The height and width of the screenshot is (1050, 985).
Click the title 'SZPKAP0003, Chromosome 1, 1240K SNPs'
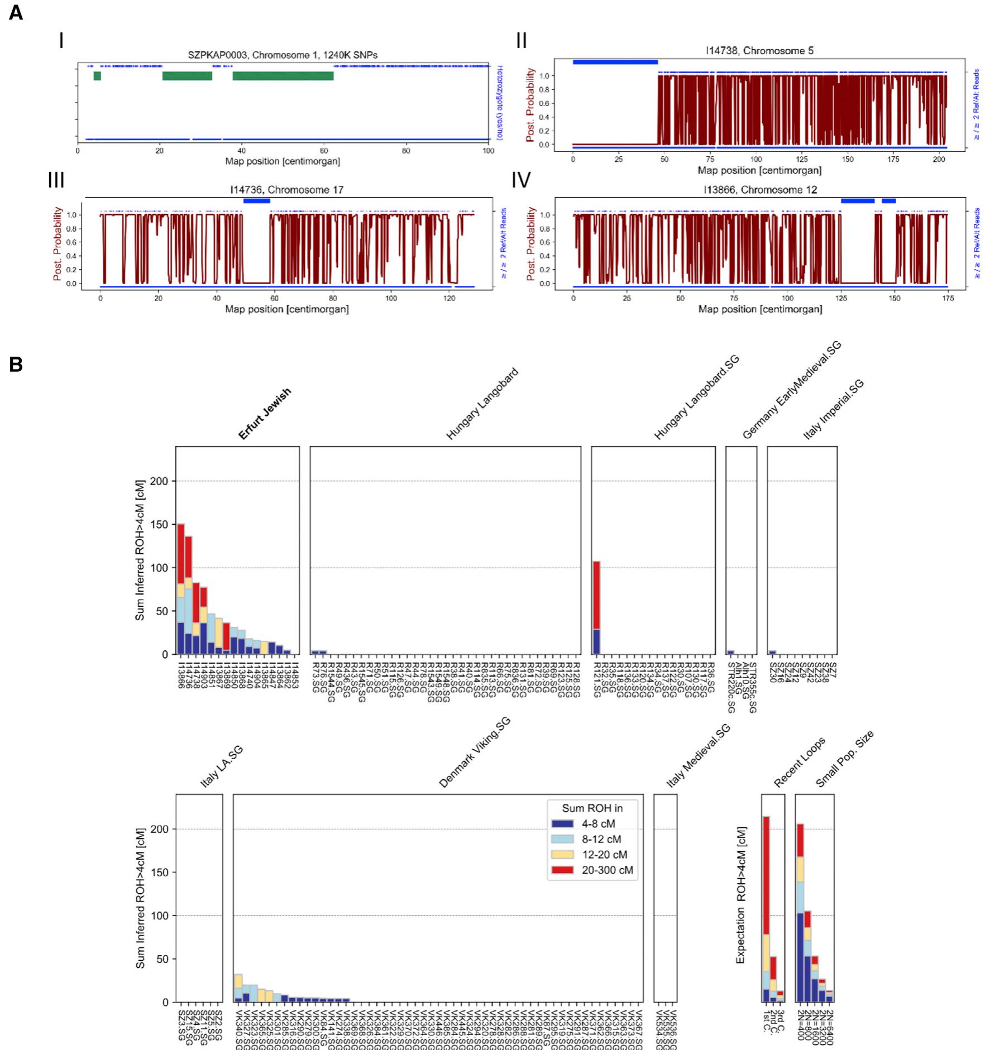(283, 55)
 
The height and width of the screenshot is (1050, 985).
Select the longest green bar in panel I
(283, 76)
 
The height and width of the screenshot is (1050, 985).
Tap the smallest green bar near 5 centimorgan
(97, 76)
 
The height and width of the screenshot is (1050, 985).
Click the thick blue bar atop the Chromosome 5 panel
(615, 62)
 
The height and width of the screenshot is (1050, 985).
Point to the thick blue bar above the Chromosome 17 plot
(256, 201)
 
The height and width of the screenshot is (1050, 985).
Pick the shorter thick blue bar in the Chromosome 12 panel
(888, 201)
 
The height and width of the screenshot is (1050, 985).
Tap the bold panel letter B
(16, 365)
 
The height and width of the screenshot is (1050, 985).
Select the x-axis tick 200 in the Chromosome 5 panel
(939, 160)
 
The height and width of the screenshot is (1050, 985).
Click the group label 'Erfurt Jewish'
(265, 414)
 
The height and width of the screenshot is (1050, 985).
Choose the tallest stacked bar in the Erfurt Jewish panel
(181, 589)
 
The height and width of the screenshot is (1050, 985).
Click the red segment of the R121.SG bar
(596, 595)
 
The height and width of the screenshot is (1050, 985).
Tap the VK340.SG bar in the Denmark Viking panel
(238, 989)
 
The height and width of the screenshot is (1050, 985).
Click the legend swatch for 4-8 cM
(562, 824)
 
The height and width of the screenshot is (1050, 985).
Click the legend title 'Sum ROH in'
(592, 808)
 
